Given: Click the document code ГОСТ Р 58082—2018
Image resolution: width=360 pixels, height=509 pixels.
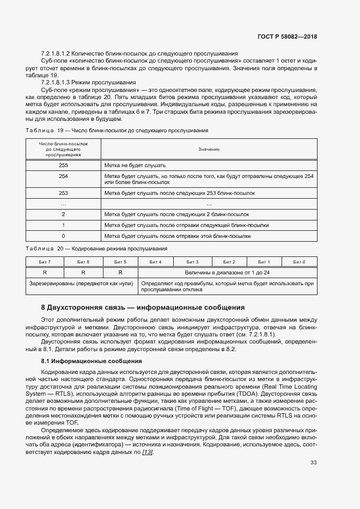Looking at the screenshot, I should tap(287, 36).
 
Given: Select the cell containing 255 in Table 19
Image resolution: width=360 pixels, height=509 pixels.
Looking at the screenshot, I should tap(63, 165).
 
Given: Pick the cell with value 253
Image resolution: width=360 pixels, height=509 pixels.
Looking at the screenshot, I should tap(63, 193).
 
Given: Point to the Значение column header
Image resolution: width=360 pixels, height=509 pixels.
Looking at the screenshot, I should tap(209, 149).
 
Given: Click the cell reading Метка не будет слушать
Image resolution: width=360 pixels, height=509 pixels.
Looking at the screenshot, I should tap(135, 165).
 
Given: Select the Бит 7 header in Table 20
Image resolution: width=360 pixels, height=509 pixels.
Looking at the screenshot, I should tap(45, 262).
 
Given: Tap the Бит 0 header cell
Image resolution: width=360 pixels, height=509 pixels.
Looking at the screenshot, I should tap(299, 262).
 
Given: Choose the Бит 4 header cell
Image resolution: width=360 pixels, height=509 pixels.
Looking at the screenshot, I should tap(156, 262).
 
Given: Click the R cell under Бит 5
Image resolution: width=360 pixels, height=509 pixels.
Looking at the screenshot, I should tap(120, 272).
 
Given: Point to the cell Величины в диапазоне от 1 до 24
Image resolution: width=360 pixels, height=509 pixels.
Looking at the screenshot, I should tap(227, 272).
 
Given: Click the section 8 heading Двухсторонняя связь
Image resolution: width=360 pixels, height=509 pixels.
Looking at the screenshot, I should tap(143, 308).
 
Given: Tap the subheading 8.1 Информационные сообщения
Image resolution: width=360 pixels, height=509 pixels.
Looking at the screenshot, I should tap(84, 361).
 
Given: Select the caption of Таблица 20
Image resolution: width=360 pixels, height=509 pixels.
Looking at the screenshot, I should tap(96, 249).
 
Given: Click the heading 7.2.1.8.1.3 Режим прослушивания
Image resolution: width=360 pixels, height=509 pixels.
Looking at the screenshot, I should tap(88, 82).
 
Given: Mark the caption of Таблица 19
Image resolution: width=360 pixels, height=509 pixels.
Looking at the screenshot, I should tap(117, 131).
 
